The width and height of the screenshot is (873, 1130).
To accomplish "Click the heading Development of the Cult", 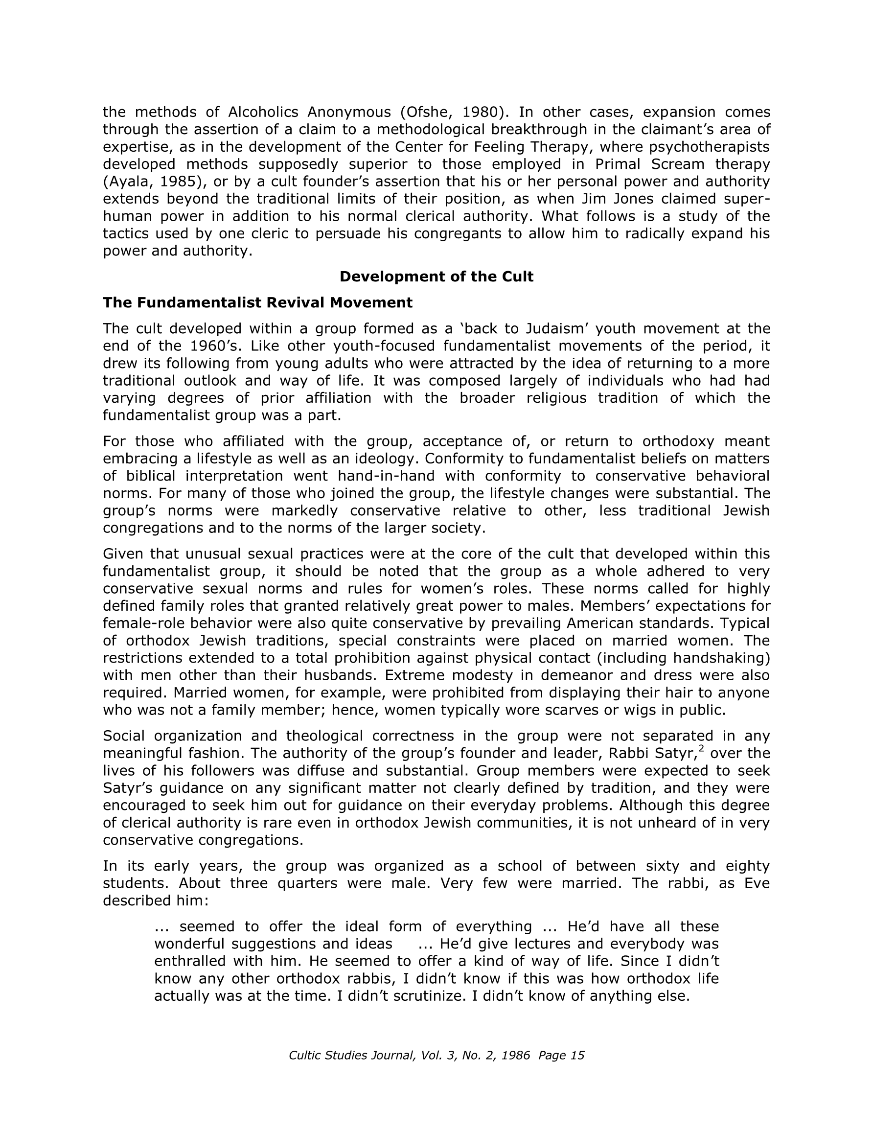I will [436, 277].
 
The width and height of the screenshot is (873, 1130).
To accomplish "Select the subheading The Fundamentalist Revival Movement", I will [258, 302].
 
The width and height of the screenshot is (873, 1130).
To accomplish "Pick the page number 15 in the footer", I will [577, 1056].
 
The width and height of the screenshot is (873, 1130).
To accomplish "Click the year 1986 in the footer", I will [515, 1056].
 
